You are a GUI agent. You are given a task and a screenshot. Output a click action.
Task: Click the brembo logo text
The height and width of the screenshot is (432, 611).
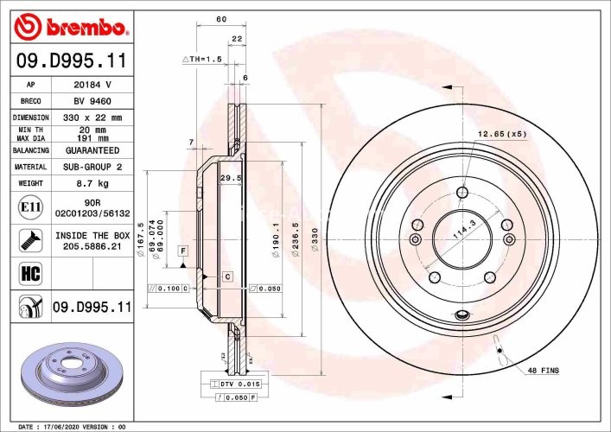click(x=83, y=28)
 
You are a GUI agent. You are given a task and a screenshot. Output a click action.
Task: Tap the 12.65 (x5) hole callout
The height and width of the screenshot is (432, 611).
click(x=502, y=134)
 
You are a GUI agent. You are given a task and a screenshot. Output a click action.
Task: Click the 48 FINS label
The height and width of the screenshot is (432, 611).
click(x=544, y=370)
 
